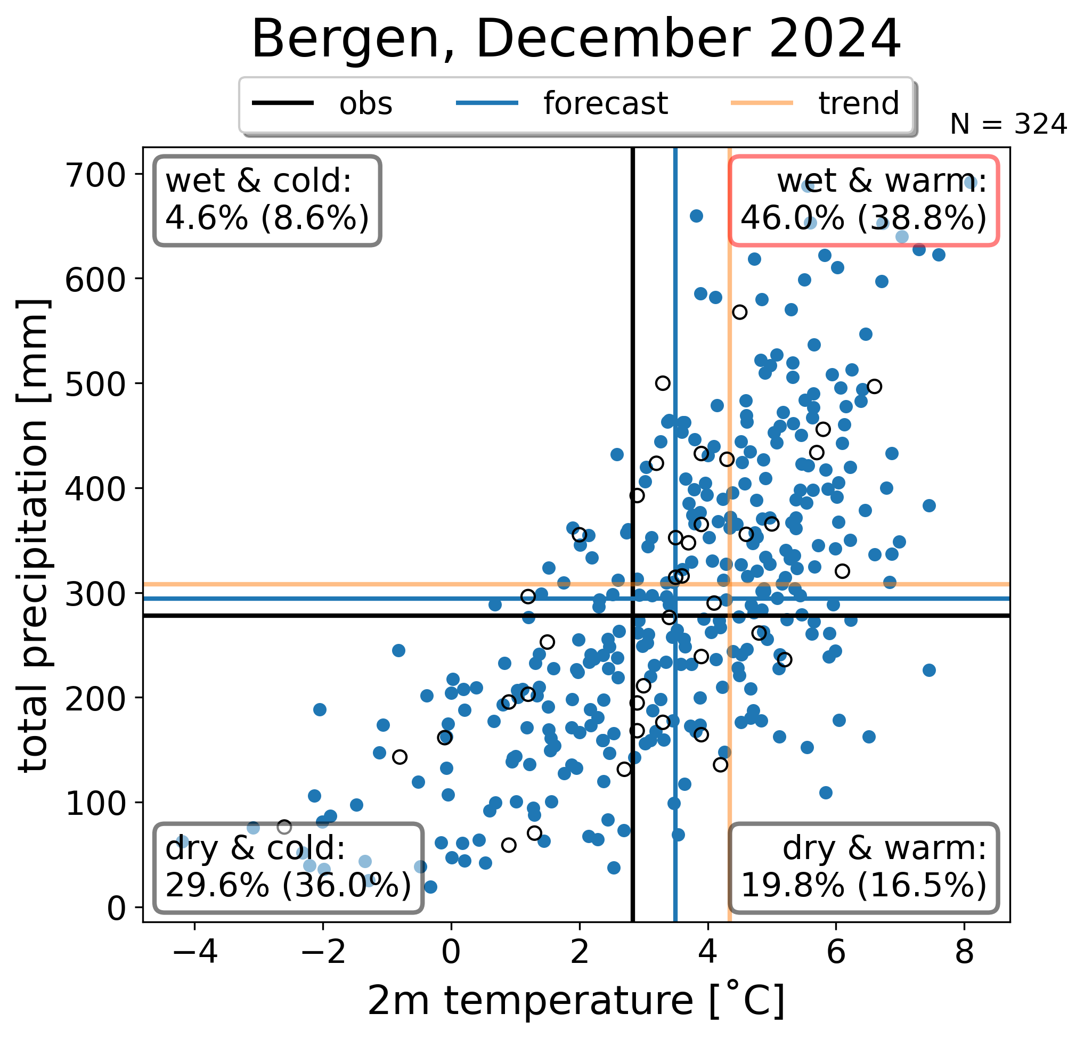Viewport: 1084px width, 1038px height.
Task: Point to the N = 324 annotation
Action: pyautogui.click(x=1008, y=125)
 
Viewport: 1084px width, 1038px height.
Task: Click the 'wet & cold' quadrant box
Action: pyautogui.click(x=267, y=201)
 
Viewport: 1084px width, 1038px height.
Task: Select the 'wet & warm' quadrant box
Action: pyautogui.click(x=863, y=201)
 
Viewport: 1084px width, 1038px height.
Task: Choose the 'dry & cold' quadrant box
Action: pyautogui.click(x=288, y=868)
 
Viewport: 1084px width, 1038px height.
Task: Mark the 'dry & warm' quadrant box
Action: pyautogui.click(x=863, y=868)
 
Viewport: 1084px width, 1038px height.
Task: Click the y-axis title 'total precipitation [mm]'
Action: pyautogui.click(x=34, y=535)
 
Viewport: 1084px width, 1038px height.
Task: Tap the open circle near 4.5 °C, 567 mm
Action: pyautogui.click(x=739, y=313)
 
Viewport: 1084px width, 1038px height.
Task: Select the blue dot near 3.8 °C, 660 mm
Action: pyautogui.click(x=696, y=216)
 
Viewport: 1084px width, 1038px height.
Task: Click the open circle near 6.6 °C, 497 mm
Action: pyautogui.click(x=874, y=386)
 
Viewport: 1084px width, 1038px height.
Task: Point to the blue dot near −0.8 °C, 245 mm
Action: pyautogui.click(x=399, y=650)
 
